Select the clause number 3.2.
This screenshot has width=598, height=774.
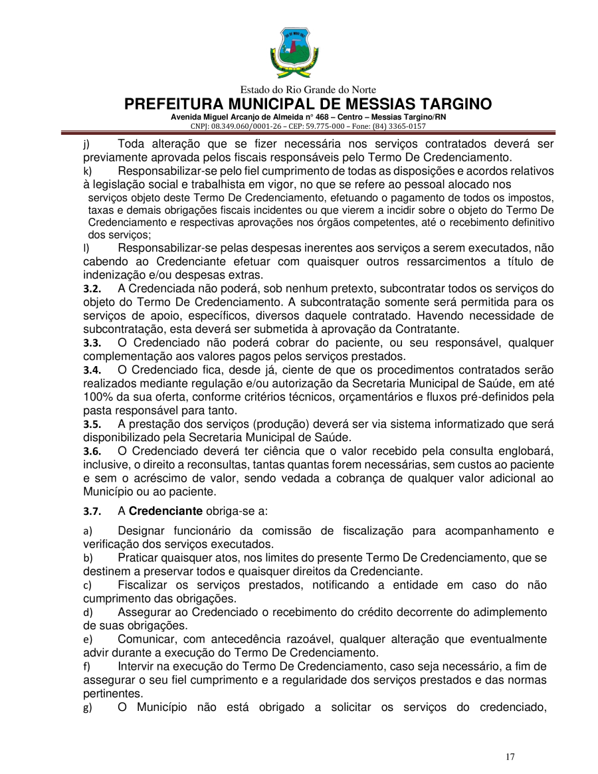[92, 289]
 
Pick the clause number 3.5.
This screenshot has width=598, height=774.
[92, 425]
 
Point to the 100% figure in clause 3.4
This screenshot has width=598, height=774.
[97, 397]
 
